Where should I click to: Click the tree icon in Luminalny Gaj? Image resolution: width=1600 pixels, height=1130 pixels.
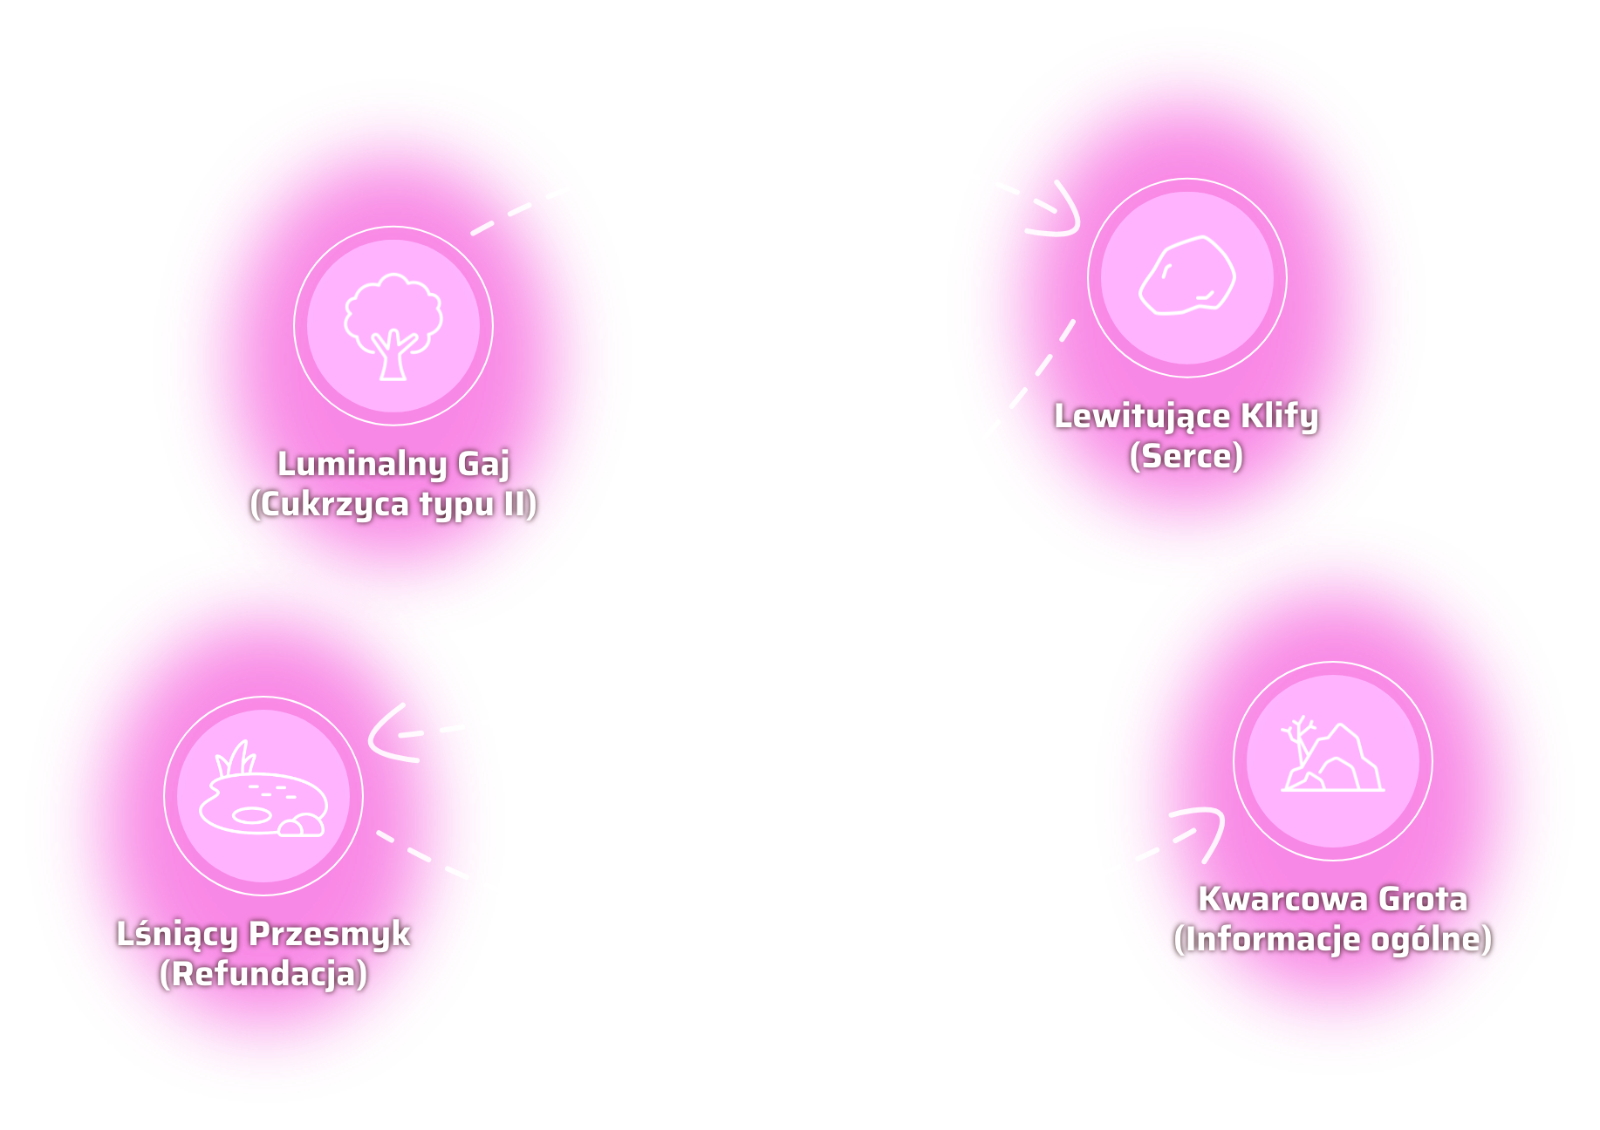(393, 326)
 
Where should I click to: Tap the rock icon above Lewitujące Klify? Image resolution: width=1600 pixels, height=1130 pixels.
(1187, 277)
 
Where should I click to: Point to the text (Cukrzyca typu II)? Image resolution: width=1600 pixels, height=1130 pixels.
(393, 504)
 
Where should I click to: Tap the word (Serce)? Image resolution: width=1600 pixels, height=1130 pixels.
(1186, 456)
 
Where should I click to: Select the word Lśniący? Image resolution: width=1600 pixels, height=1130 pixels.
(177, 934)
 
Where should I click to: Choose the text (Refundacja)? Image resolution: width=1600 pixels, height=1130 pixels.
(263, 974)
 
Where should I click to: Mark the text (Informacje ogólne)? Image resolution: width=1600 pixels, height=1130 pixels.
(1333, 939)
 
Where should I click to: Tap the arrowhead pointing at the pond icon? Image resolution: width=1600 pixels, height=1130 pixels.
(384, 735)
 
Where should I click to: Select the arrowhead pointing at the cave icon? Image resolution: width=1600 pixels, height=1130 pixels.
(1207, 827)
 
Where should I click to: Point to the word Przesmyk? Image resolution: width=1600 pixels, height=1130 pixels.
(330, 934)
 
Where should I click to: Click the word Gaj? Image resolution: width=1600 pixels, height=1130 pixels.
(484, 464)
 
